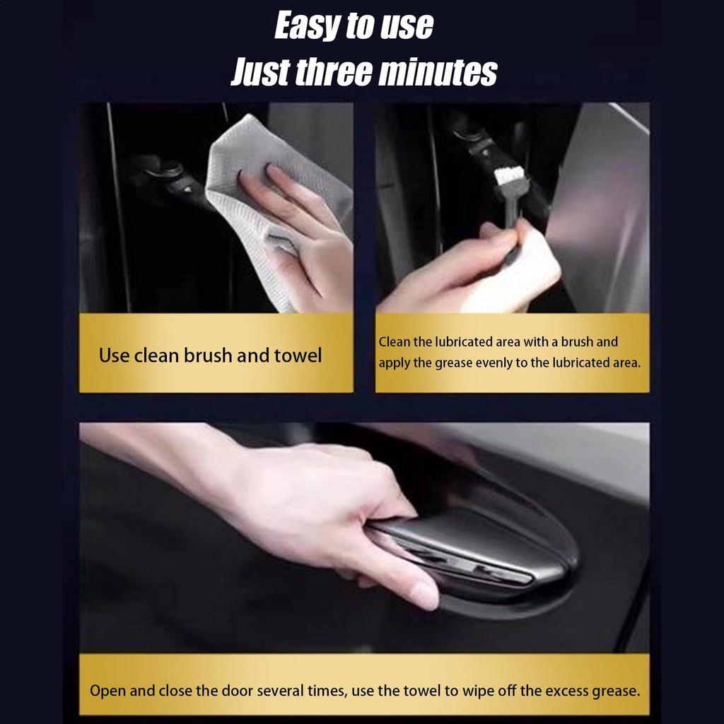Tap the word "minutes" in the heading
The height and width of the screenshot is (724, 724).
pos(438,73)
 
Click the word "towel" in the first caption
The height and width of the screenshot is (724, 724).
pos(298,356)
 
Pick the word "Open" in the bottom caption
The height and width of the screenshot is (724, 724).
pos(107,691)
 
